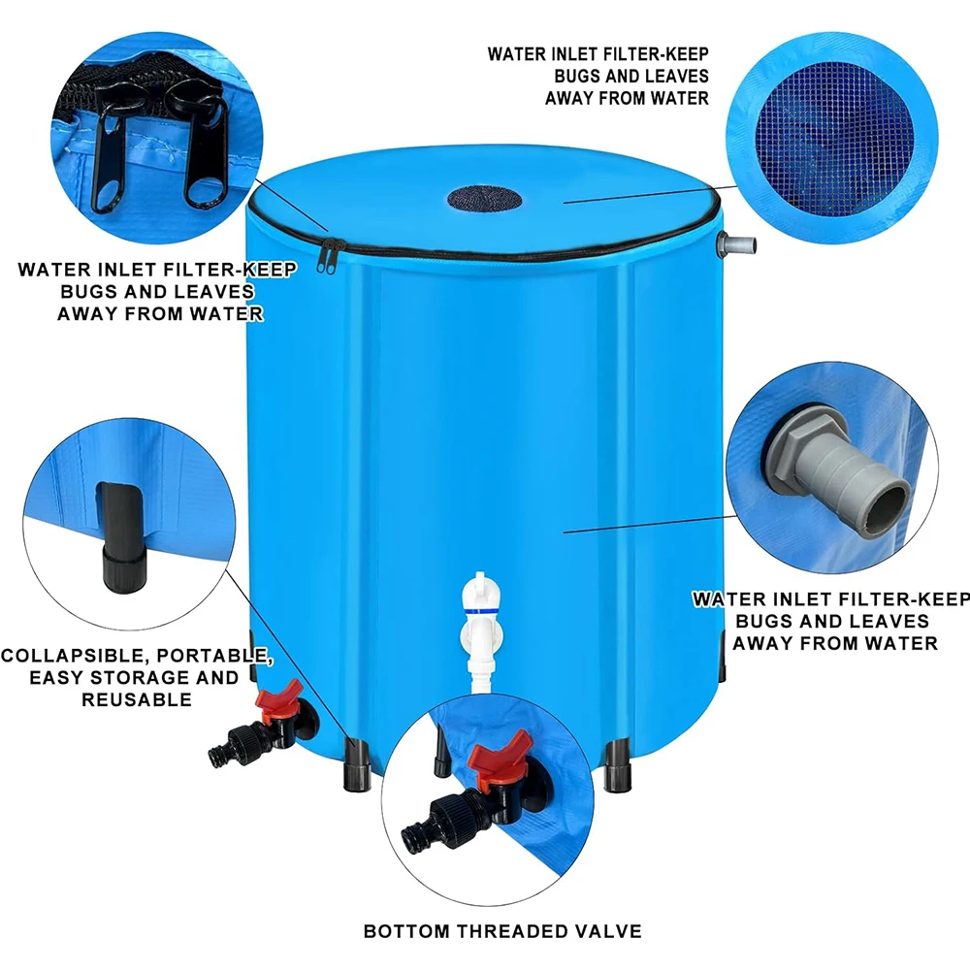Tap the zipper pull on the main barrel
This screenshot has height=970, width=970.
pos(323,259)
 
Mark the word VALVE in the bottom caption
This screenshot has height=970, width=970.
pos(608,931)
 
